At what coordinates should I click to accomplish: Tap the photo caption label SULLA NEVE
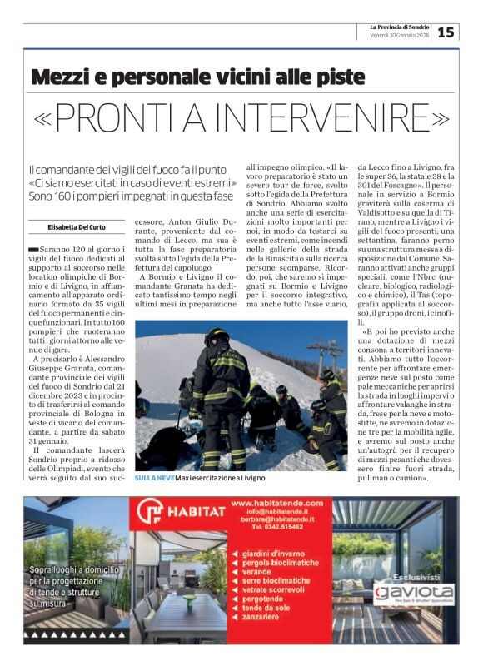coord(153,478)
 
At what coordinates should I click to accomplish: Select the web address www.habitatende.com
coord(276,504)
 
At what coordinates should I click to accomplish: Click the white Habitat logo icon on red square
coord(150,511)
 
